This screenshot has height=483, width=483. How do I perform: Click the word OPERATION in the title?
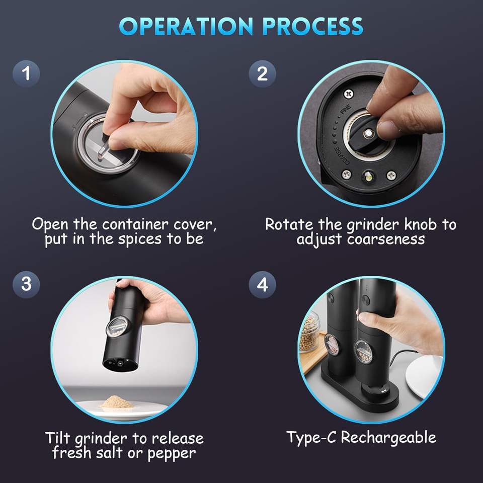(186, 26)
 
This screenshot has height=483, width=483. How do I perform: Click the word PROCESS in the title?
(313, 26)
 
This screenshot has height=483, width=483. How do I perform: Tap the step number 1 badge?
(26, 73)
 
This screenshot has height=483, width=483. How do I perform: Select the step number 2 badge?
(263, 73)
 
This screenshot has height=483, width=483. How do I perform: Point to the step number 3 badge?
(26, 284)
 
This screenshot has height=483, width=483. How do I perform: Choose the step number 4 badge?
(263, 284)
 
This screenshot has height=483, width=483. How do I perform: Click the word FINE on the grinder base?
(346, 109)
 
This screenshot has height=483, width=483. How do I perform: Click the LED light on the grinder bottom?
(368, 177)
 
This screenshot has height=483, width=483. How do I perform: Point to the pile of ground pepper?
(117, 402)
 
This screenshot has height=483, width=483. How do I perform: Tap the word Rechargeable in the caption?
(388, 437)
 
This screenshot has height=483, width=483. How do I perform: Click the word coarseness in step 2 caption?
(386, 239)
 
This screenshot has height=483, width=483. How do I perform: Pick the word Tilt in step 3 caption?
(58, 438)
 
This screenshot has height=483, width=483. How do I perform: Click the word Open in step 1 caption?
(50, 224)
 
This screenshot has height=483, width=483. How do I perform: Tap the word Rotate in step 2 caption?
(289, 224)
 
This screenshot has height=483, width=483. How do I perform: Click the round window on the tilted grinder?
(117, 327)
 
